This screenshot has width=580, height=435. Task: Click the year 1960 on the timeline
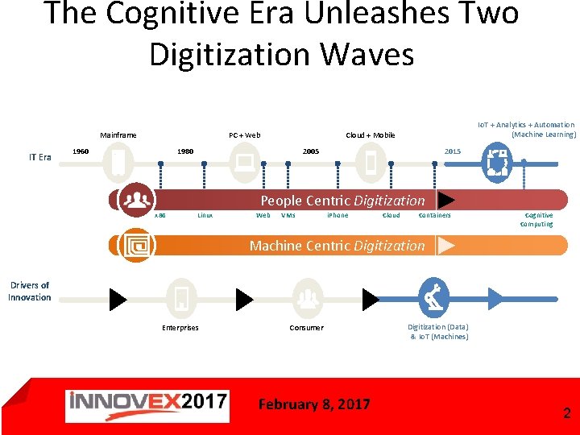[x=81, y=151]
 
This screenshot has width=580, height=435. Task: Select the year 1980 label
[x=185, y=151]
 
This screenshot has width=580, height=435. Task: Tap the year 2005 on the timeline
[x=311, y=151]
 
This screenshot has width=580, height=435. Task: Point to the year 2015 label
[x=453, y=151]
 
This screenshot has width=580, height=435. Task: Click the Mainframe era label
[x=118, y=135]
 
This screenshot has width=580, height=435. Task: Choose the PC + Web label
[x=244, y=135]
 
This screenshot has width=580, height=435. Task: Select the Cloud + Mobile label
[x=371, y=135]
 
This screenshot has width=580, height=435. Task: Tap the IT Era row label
[x=40, y=157]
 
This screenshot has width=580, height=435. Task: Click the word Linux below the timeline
[x=205, y=216]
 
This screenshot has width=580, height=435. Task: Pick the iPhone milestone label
[x=338, y=216]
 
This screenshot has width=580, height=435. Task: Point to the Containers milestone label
[x=435, y=216]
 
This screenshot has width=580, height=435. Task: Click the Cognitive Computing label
[x=537, y=220]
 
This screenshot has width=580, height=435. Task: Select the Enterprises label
[x=180, y=328]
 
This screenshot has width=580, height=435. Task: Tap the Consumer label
[x=307, y=328]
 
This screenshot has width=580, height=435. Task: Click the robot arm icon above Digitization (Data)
[x=433, y=299]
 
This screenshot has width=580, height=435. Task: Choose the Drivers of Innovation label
[x=30, y=291]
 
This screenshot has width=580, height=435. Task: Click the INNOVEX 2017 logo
[x=147, y=406]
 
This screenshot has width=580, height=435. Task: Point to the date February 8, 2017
[x=314, y=404]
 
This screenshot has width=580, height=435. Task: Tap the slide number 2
[x=566, y=414]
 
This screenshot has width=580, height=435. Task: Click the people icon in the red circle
[x=136, y=200]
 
